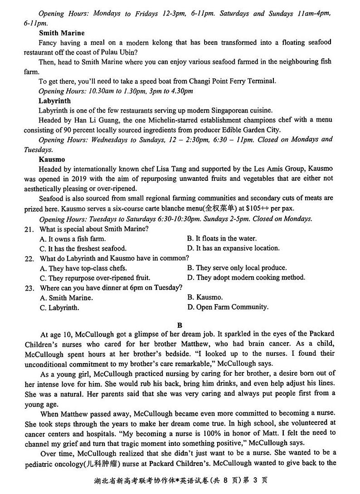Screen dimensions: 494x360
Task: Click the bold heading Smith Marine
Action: click(x=62, y=33)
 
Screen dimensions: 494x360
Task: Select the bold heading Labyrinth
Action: click(x=54, y=101)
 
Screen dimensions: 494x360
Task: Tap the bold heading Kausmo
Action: click(x=52, y=160)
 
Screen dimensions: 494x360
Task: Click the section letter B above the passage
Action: click(x=180, y=325)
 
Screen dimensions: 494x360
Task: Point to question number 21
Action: click(x=29, y=229)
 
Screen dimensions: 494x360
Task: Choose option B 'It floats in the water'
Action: click(x=222, y=238)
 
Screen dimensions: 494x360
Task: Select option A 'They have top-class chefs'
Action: click(x=83, y=268)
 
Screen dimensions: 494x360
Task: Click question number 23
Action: click(x=29, y=288)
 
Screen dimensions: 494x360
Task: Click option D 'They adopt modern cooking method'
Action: click(x=246, y=277)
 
